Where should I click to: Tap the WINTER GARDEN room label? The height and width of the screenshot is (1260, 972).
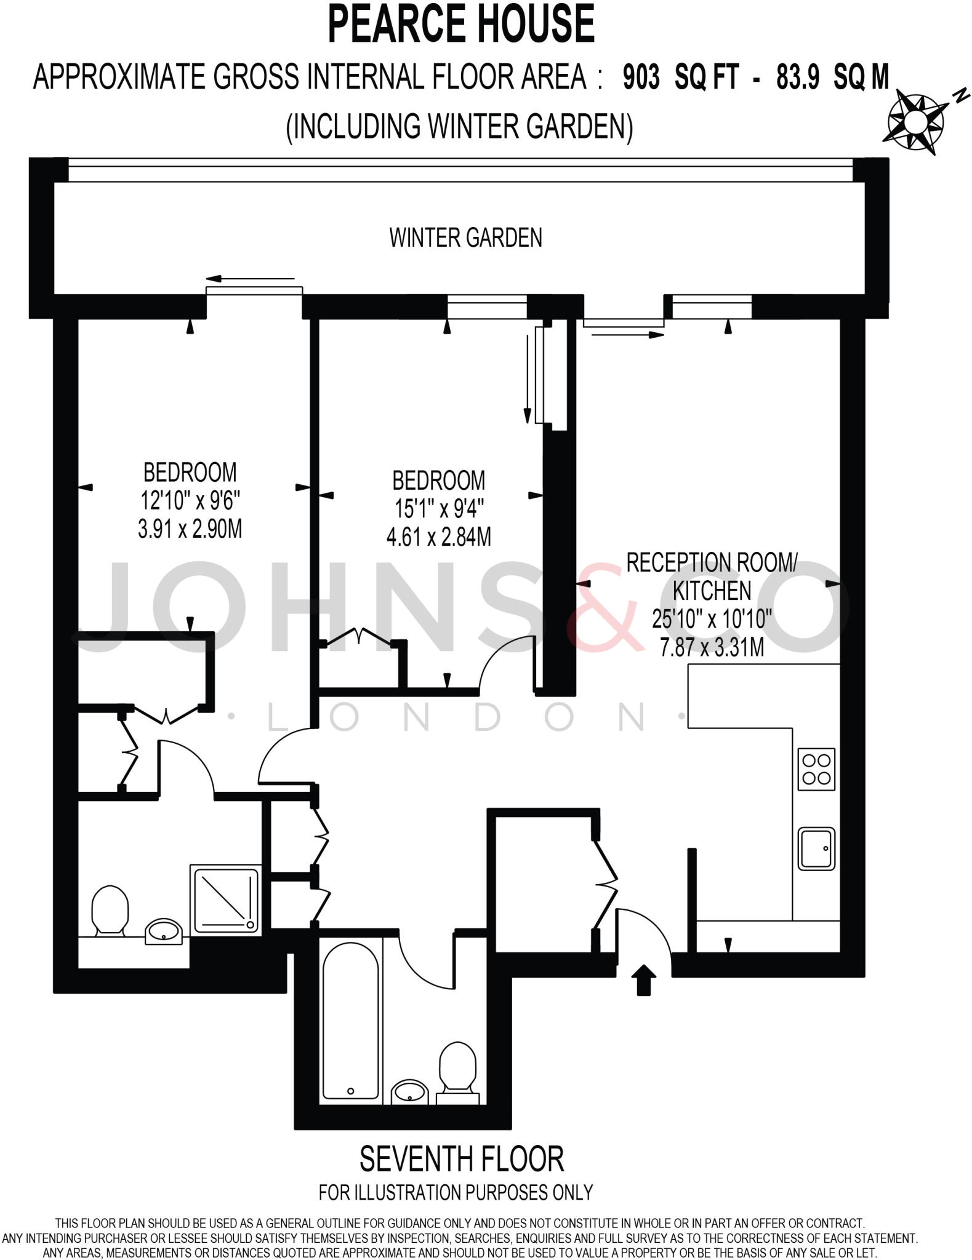(465, 237)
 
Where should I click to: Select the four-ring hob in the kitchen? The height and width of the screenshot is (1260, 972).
(816, 769)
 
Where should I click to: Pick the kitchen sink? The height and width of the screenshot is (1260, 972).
(816, 848)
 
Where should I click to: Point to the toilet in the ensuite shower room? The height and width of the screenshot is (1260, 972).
(110, 910)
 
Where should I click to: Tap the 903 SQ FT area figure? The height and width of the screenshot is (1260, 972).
(680, 78)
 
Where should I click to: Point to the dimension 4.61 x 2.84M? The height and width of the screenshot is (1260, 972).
(438, 538)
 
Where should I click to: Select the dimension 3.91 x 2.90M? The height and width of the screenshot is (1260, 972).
(190, 530)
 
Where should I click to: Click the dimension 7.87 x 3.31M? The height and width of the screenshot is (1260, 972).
(712, 648)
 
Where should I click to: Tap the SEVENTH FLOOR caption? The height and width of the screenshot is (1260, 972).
(462, 1159)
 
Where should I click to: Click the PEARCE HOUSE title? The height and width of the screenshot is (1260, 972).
(462, 25)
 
